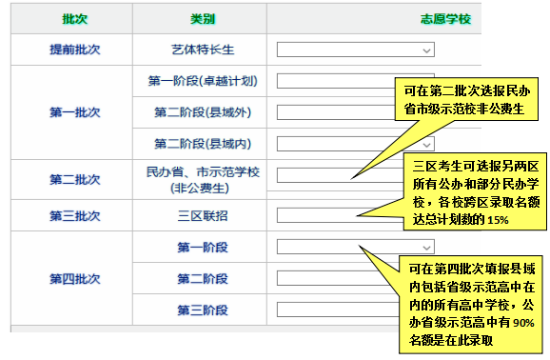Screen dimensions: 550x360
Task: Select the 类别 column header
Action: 202,18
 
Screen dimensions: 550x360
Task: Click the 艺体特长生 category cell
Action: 202,49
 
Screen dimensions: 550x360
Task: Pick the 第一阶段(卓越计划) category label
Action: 202,81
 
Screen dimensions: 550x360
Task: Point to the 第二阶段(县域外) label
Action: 202,112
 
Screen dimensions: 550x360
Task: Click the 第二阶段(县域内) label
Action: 202,144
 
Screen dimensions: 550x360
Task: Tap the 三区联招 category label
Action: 202,215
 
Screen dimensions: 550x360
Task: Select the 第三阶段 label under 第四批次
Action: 202,310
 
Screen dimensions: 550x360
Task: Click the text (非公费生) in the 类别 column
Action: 202,188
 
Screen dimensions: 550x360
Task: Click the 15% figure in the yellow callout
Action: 497,220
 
